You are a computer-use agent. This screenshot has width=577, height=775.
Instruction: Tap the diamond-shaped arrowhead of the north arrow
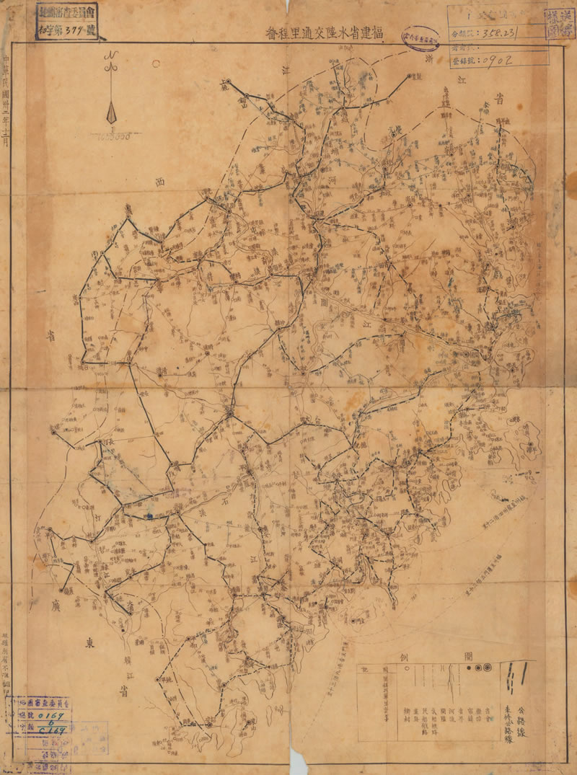coord(111,113)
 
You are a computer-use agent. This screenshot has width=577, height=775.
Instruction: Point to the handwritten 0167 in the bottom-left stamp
coord(52,715)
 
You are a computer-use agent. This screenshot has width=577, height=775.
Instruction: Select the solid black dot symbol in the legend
coord(470,669)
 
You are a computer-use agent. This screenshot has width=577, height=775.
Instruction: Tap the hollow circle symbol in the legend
coord(479,669)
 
